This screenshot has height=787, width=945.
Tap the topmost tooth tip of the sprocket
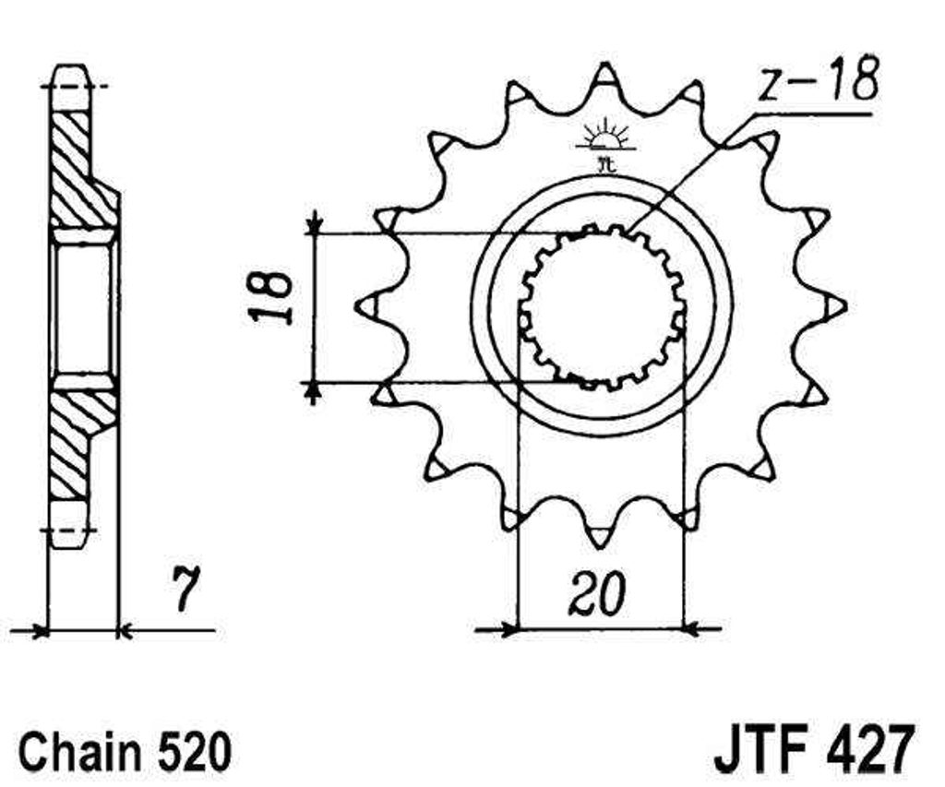point(603,68)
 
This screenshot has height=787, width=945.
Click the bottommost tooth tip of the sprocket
point(600,546)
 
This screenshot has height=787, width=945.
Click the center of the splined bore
point(602,306)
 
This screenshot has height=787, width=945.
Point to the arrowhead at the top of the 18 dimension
point(313,226)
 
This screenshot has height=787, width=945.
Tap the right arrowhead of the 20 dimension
point(692,631)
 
